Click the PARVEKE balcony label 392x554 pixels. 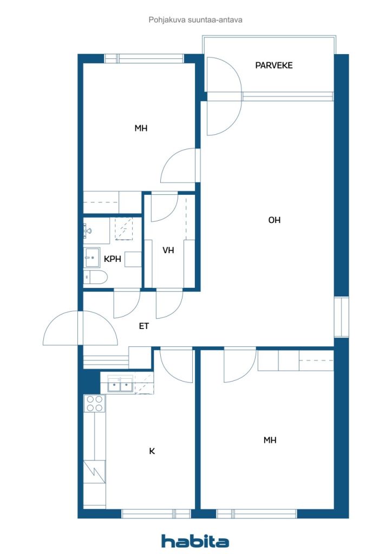point(274,65)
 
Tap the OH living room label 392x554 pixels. point(275,220)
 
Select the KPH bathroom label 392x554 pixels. point(112,259)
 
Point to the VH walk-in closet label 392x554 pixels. point(168,250)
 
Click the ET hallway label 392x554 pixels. point(144,326)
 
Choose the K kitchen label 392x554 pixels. point(152,451)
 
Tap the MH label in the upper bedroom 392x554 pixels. point(141,128)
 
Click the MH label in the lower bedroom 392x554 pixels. point(270,440)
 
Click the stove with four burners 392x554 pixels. point(95,404)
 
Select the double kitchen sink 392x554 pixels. point(120,385)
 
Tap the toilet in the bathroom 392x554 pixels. point(96,278)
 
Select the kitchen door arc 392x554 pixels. point(177,366)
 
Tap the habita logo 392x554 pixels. point(195,540)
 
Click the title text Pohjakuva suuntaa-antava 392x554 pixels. point(195,20)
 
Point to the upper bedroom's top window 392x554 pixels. point(144,58)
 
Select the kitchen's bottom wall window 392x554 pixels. point(156,513)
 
